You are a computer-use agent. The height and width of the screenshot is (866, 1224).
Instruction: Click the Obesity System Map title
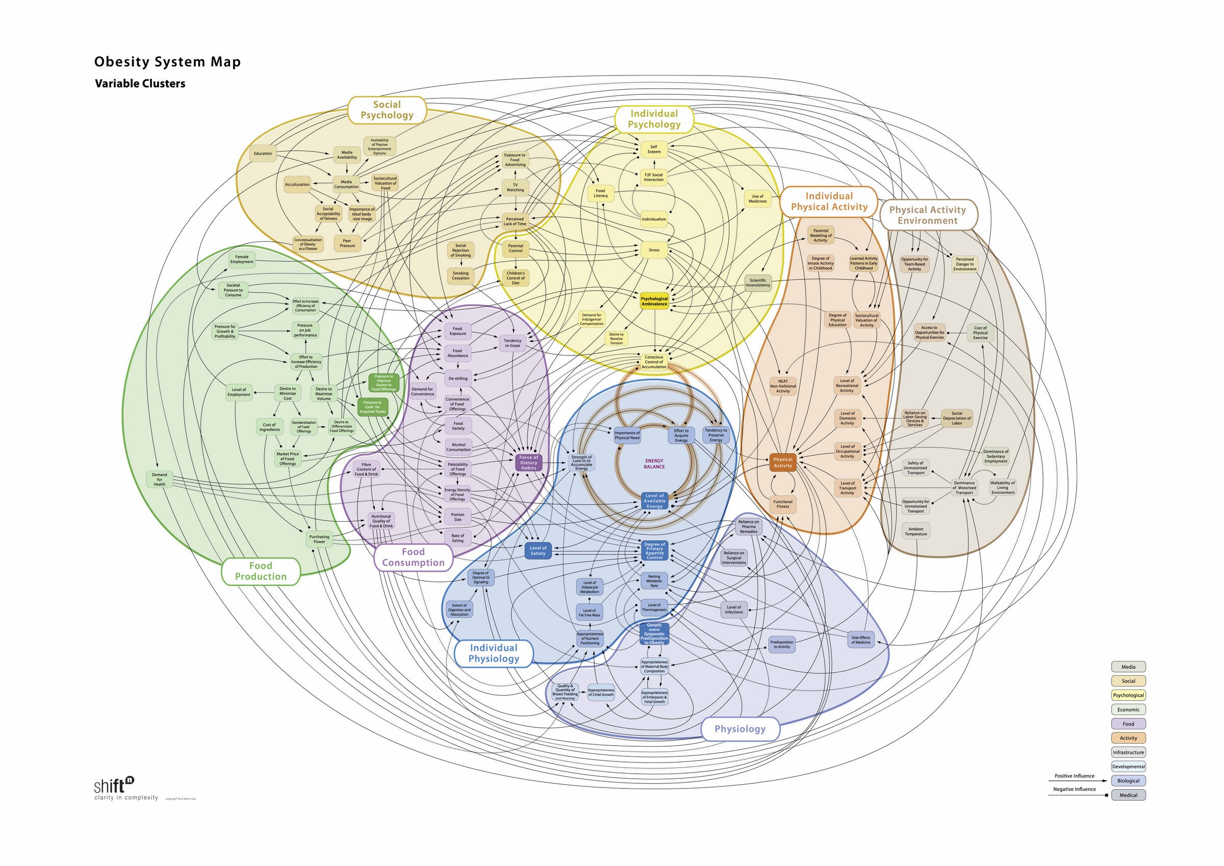pos(167,62)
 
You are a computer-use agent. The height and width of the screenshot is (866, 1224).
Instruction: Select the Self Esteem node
pos(654,149)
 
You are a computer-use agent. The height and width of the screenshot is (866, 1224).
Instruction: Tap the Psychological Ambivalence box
pos(654,301)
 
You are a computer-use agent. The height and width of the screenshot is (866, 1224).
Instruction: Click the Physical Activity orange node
pos(782,463)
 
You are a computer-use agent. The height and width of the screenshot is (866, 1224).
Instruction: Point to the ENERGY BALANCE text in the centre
pos(654,464)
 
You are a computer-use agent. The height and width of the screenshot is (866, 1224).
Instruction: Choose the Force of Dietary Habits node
pos(529,463)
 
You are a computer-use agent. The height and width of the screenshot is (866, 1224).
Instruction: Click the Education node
pos(263,154)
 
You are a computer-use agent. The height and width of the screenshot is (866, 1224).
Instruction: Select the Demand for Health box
pos(160,479)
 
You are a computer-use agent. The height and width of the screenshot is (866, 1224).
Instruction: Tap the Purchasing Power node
pos(319,539)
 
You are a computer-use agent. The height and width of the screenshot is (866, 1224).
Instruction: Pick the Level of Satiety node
pos(538,550)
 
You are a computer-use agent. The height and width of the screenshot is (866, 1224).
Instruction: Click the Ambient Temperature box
pos(916,531)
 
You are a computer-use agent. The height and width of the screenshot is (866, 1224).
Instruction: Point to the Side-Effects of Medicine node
pos(860,640)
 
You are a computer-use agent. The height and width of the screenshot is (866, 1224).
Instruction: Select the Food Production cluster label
pos(261,571)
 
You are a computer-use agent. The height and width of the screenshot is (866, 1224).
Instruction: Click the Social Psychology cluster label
pos(387,110)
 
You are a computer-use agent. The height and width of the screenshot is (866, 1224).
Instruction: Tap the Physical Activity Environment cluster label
pos(927,215)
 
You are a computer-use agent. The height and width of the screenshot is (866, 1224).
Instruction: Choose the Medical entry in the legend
pos(1129,795)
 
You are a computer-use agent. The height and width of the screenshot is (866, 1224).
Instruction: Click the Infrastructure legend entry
pos(1129,752)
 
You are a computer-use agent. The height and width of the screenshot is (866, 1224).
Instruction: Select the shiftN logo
pos(114,785)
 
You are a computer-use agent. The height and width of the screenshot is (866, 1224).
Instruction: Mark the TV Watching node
pos(515,187)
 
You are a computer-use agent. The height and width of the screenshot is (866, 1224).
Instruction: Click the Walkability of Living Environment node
pos(1002,488)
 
